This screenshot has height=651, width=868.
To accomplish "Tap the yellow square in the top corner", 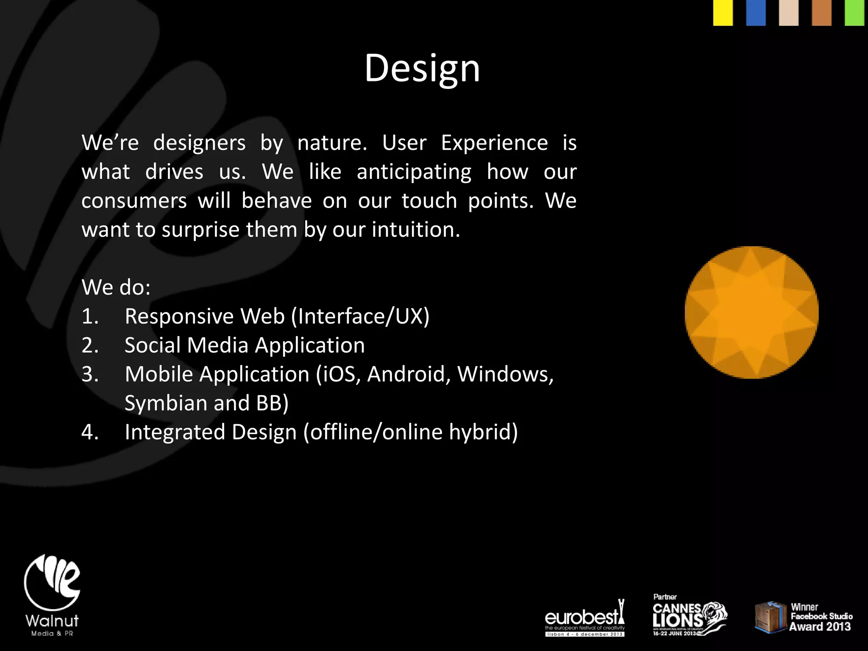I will point(723,13).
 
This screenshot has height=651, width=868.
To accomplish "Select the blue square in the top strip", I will point(756,13).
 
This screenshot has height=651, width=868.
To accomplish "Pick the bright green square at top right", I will point(854,13).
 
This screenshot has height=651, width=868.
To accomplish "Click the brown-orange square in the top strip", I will point(821,13).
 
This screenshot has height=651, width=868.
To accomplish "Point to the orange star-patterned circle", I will point(751,312).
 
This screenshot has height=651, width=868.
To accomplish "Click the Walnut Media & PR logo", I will point(52,595).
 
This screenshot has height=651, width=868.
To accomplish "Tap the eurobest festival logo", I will point(584,619).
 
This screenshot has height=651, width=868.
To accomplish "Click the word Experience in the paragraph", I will point(494,143).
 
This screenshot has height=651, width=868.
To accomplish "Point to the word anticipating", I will point(414,172).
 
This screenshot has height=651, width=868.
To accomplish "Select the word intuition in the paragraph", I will point(415,230).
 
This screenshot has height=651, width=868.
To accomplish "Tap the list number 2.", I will point(90,345).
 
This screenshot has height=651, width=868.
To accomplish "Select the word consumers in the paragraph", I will point(134,201).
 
